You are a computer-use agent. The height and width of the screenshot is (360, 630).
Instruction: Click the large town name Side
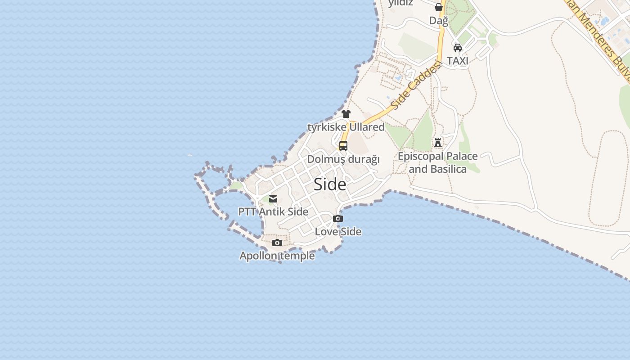tap(330, 184)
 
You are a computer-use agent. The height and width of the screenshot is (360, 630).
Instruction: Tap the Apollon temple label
tap(277, 256)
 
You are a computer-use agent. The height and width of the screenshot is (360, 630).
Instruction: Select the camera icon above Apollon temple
tap(277, 243)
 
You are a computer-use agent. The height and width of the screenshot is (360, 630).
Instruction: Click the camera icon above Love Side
tap(338, 219)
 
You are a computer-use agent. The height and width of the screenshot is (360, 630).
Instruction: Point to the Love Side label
tap(338, 232)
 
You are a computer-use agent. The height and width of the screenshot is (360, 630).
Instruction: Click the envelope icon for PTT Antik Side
tap(273, 199)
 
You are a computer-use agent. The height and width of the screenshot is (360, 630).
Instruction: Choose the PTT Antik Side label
tap(273, 211)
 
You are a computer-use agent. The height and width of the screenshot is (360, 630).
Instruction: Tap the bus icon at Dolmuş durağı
tap(343, 146)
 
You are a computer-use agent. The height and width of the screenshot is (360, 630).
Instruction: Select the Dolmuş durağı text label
tap(343, 159)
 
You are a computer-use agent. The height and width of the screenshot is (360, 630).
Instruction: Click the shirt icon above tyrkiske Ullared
tap(346, 114)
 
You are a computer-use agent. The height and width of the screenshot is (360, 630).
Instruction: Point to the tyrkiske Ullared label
tap(346, 127)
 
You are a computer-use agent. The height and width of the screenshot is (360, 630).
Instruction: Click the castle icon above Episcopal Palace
tap(438, 143)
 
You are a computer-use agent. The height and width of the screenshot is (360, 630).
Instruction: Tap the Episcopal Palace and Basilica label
tap(438, 162)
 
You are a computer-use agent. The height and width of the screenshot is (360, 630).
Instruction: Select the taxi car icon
tap(458, 48)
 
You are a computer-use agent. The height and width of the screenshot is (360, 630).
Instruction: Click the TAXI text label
tap(458, 61)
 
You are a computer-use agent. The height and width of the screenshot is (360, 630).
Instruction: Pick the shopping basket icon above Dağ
tap(439, 7)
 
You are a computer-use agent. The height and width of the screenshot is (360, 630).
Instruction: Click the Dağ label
tap(439, 21)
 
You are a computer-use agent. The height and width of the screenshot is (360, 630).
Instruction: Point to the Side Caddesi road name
tap(414, 86)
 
